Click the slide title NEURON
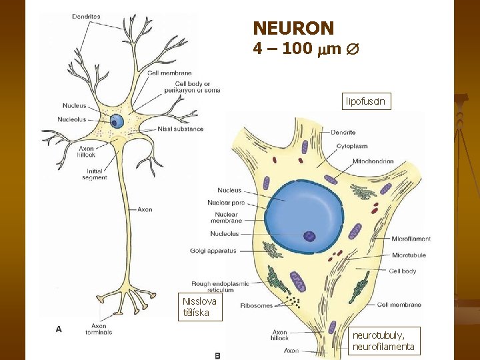293,28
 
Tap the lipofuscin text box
365,101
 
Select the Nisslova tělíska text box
197,307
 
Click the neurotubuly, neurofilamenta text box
384,341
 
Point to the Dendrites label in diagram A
86,16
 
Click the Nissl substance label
181,129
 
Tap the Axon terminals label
99,329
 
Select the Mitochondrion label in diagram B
373,161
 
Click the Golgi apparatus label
213,251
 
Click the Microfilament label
411,239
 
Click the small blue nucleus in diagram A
117,121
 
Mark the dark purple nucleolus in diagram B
309,236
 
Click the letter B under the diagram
217,355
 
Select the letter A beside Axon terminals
59,329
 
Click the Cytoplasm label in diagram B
352,146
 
